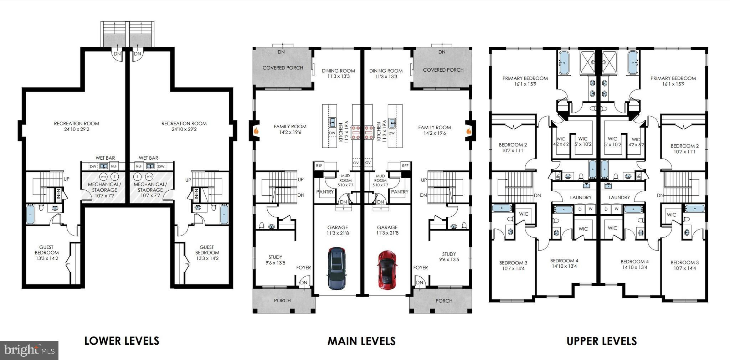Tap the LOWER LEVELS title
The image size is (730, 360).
(122, 341)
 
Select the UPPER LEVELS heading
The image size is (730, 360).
(602, 341)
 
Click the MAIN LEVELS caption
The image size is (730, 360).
(361, 341)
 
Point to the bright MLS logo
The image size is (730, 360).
(29, 350)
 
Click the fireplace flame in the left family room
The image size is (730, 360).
(256, 131)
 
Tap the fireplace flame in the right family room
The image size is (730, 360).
(468, 131)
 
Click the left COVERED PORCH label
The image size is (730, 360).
(283, 68)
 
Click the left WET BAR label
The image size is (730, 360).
(105, 158)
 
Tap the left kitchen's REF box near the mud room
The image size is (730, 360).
(319, 165)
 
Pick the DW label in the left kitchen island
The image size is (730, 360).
(332, 133)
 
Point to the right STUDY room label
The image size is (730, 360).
(449, 254)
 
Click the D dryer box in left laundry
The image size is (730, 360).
(580, 209)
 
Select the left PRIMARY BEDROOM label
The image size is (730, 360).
(525, 78)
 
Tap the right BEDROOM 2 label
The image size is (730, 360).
(685, 146)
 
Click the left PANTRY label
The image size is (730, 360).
(325, 192)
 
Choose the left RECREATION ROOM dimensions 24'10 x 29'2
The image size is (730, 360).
(77, 129)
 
